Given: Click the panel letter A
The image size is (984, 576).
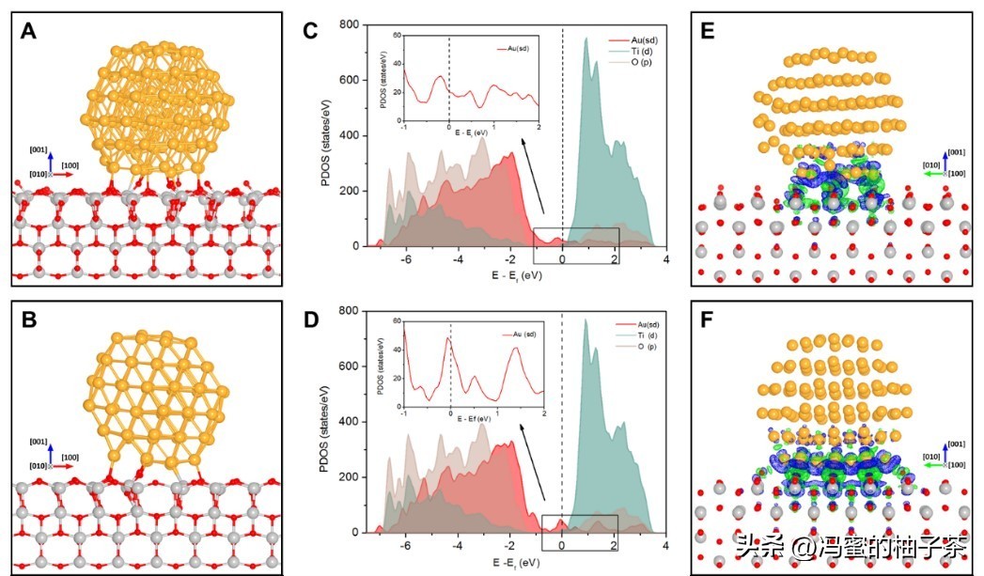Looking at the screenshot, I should (29, 30).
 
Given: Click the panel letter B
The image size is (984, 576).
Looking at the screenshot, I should (29, 319).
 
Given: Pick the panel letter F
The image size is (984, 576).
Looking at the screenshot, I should (709, 320).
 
